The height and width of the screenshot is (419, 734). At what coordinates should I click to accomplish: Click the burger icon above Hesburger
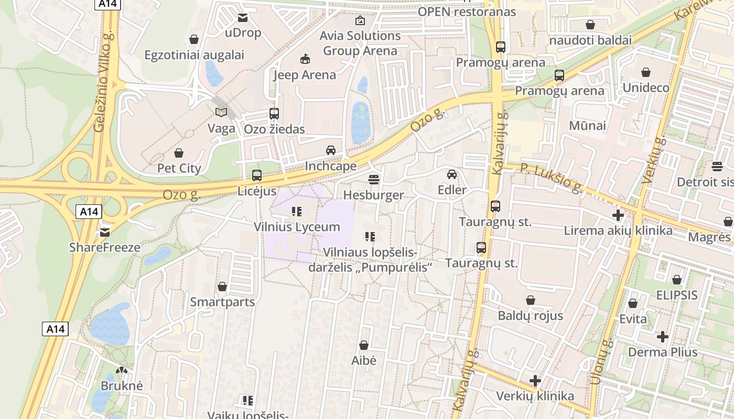(373, 180)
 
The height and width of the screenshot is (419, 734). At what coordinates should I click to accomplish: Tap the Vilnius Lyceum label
(297, 227)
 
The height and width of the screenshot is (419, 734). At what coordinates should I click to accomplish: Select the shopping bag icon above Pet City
(179, 153)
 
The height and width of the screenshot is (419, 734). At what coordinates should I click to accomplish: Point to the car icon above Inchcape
(331, 150)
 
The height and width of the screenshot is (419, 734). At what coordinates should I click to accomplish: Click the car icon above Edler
(452, 174)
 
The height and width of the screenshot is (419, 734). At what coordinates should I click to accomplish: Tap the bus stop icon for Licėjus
(257, 175)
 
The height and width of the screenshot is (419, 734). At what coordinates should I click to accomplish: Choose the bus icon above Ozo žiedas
(274, 113)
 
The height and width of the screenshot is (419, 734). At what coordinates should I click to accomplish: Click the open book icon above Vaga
(221, 112)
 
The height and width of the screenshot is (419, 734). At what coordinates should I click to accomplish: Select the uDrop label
(242, 32)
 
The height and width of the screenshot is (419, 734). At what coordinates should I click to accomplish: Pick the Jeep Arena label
(305, 75)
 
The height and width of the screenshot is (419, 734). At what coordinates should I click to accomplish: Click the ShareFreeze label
(105, 247)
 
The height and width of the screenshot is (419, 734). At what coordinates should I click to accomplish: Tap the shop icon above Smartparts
(222, 286)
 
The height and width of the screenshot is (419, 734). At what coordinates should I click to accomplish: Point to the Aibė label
(364, 360)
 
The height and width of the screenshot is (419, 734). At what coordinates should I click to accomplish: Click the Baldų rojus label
(530, 315)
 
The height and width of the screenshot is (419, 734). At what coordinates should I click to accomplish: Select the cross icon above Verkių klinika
(535, 381)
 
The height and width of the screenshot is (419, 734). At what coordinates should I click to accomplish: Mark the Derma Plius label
(663, 352)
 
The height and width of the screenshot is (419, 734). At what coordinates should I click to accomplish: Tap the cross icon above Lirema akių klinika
(618, 215)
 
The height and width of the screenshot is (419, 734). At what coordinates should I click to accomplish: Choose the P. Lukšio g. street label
(551, 178)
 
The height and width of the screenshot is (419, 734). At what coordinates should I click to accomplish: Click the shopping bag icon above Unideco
(646, 72)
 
